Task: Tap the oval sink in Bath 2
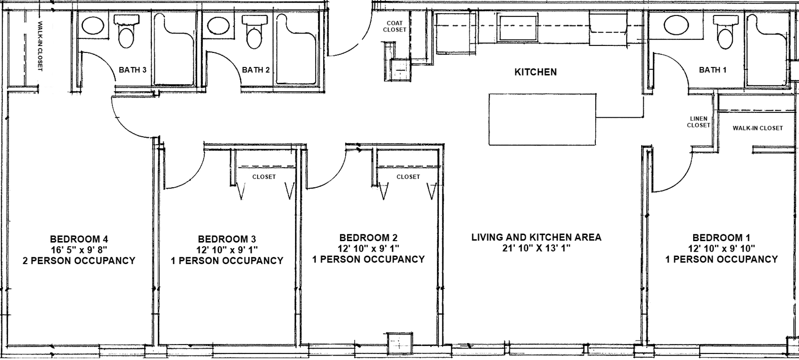(218, 25)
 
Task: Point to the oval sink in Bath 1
(676, 25)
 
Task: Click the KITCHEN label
(535, 72)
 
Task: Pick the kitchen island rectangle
(542, 119)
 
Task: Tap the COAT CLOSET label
(395, 26)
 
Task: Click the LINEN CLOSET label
(699, 122)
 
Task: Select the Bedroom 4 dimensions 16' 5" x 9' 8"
(79, 250)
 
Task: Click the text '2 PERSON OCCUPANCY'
(79, 261)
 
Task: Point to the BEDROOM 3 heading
(227, 239)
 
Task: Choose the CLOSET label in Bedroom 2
(408, 177)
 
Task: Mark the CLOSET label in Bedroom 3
(264, 177)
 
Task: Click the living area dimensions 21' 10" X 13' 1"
(536, 248)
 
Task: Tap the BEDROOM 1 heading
(721, 238)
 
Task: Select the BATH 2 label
(256, 70)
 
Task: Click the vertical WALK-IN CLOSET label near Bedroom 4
(40, 46)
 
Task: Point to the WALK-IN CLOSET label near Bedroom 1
(758, 128)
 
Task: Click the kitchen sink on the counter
(518, 28)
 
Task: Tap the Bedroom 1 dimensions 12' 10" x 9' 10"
(721, 249)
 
